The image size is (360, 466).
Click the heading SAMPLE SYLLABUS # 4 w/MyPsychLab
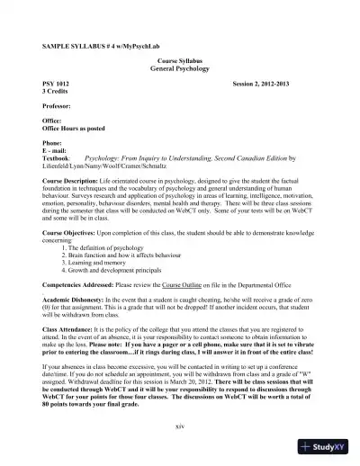(97, 46)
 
